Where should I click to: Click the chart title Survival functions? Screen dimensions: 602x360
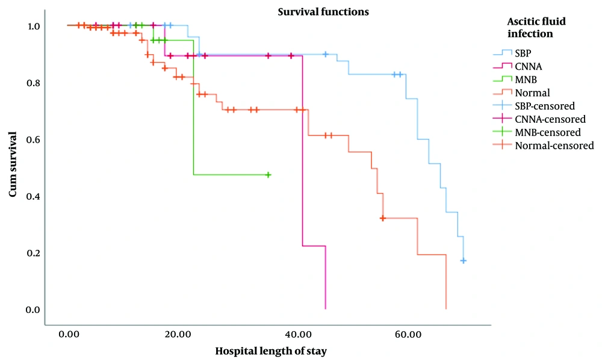(323, 12)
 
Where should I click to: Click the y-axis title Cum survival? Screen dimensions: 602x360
(13, 164)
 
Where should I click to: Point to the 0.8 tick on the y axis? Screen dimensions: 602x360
(33, 83)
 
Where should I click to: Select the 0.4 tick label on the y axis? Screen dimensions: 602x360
(33, 196)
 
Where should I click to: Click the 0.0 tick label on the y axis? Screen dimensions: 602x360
(33, 309)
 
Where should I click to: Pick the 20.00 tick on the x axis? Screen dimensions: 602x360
(179, 334)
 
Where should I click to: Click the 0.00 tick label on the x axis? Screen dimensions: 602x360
(69, 334)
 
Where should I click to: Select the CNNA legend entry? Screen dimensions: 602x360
(518, 66)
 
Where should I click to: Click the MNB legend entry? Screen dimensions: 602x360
(515, 79)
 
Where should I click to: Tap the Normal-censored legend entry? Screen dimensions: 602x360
(543, 146)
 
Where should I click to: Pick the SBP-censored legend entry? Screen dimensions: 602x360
(533, 106)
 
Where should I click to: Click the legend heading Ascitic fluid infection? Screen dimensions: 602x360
(536, 27)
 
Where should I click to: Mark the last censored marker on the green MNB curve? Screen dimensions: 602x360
(268, 175)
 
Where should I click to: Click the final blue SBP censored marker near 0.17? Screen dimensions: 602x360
(463, 261)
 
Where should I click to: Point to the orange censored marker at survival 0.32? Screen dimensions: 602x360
(382, 218)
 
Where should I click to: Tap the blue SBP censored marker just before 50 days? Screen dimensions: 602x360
(326, 55)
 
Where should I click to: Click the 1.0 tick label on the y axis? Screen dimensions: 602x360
(33, 26)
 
